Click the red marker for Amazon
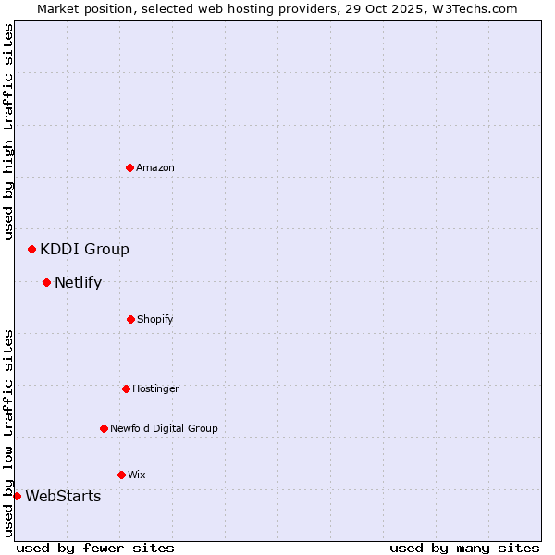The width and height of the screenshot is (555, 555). pos(130,167)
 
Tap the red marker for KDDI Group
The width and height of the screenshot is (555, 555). pos(32,249)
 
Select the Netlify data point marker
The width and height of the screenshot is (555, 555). pos(47,282)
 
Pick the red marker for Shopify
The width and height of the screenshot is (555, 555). pos(130,319)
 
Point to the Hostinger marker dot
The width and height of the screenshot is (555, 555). pos(126,388)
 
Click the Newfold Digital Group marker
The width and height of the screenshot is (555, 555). pos(104,428)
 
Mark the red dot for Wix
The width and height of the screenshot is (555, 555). pos(121,475)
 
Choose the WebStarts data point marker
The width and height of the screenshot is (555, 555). pos(18,496)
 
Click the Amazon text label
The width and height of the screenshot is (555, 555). pos(155,167)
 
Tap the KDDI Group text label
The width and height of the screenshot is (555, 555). pos(84,249)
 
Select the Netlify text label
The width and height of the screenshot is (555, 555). pos(78,282)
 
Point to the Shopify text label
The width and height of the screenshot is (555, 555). pos(155,319)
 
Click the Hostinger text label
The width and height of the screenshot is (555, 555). pos(155,388)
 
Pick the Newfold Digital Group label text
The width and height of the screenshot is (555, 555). pos(164,428)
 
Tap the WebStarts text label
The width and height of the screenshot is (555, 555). pos(63,496)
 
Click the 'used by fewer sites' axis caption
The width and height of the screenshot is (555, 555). pos(95,548)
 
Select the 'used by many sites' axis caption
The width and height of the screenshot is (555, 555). pos(464,548)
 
